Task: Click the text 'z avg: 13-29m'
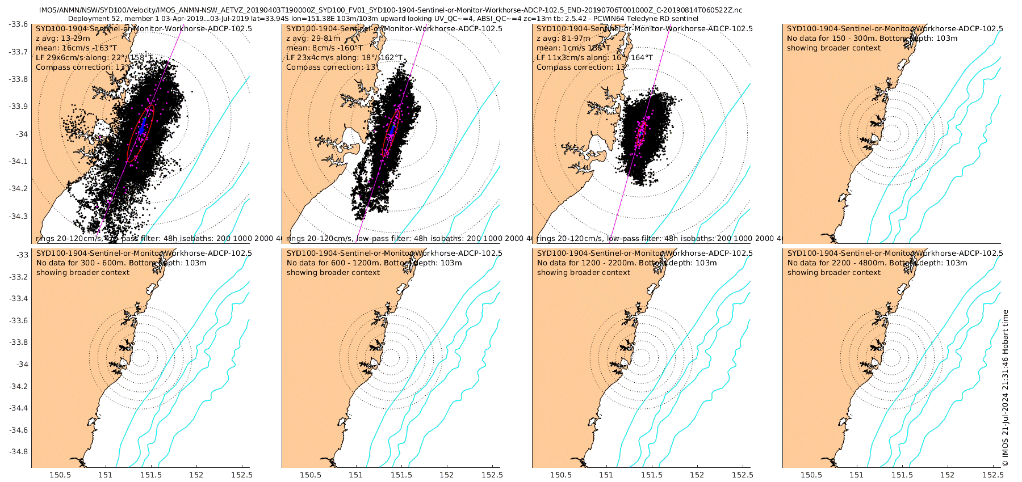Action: [x=62, y=38]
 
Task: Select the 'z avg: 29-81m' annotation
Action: [x=313, y=38]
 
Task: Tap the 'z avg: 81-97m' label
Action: [x=563, y=38]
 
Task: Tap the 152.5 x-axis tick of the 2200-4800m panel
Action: [x=993, y=475]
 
